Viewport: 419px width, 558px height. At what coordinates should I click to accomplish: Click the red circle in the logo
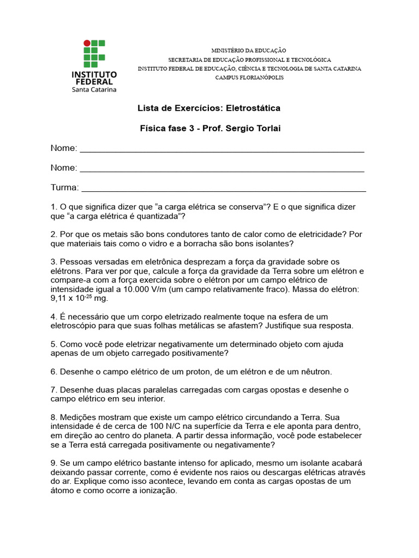pos(86,43)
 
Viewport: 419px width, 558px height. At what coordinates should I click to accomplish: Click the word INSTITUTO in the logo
pos(94,74)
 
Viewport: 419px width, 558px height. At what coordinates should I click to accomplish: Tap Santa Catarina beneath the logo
pos(94,89)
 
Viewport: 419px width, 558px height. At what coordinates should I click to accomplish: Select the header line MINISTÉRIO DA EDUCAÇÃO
pos(249,50)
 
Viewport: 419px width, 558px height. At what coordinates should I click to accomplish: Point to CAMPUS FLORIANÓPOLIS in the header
pos(249,77)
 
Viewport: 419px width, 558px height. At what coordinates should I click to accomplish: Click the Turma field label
pos(64,187)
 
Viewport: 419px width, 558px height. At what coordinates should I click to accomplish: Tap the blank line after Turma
pos(224,189)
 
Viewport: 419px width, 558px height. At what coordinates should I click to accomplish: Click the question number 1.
pos(53,207)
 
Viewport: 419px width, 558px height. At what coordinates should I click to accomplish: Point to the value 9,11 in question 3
pos(59,299)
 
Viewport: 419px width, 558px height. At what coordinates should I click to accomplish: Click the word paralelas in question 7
pos(163,390)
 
